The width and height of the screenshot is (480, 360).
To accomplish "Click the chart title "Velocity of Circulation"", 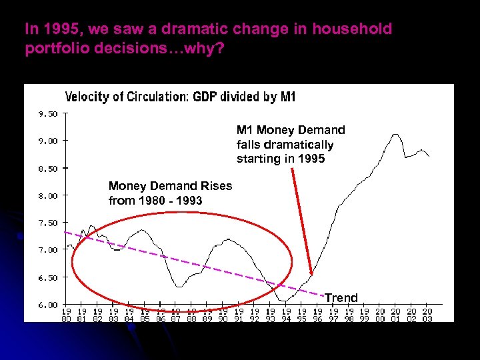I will [x=126, y=97].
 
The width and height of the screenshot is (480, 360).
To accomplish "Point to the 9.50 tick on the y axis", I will [x=47, y=113].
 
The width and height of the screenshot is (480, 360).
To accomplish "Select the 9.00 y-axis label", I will [x=47, y=141].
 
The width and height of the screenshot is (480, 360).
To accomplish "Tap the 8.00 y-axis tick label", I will [x=47, y=195].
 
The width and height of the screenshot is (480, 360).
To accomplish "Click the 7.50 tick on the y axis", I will [x=47, y=223].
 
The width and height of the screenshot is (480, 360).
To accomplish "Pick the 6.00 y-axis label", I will [x=47, y=305].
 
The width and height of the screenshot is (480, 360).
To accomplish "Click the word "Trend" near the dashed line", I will [x=341, y=297].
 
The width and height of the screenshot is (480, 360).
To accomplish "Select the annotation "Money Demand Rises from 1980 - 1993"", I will [x=170, y=193].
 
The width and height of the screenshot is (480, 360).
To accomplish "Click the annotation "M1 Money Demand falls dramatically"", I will [x=291, y=144].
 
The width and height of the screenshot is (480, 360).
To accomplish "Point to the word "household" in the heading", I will [x=356, y=29].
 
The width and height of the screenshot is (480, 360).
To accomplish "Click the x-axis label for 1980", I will [x=67, y=315].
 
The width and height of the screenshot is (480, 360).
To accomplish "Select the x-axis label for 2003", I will [x=427, y=315].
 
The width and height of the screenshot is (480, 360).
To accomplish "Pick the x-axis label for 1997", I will [x=333, y=315].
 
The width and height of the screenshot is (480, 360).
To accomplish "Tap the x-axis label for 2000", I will [x=380, y=315].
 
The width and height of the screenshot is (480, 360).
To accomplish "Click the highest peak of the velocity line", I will [x=396, y=134].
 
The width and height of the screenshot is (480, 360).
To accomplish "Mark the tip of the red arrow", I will [x=311, y=274].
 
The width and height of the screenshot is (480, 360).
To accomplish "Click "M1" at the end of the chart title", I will [x=287, y=97].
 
